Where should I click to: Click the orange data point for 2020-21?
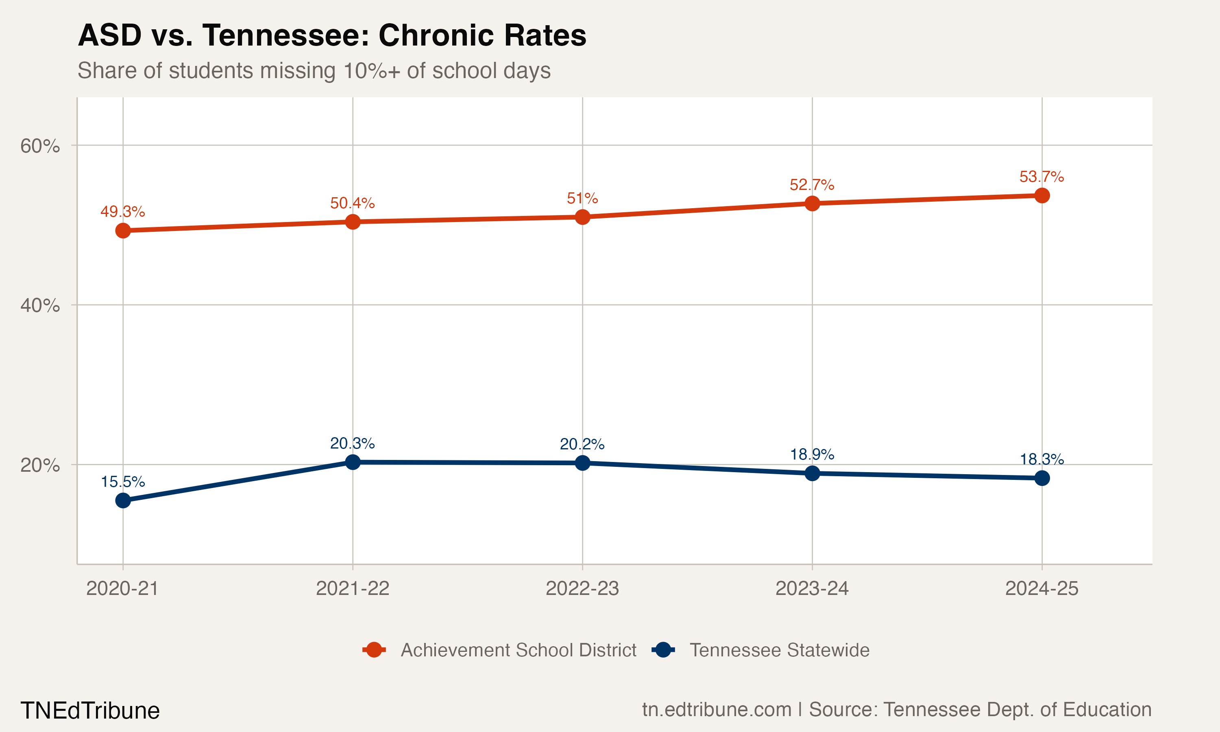(x=123, y=230)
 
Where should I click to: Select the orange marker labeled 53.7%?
(x=1042, y=195)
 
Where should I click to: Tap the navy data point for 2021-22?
(x=353, y=462)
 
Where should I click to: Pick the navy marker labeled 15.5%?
(x=123, y=501)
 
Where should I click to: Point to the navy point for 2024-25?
(x=1042, y=478)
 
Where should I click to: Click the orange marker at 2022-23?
(x=582, y=217)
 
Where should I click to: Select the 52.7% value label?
(x=812, y=185)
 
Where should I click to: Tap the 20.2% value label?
(x=582, y=444)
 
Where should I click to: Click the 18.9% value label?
(x=812, y=454)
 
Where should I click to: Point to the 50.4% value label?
(x=352, y=203)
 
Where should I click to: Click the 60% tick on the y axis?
(x=40, y=146)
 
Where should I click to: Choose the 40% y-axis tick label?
(x=40, y=305)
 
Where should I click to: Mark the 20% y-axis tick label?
(x=40, y=465)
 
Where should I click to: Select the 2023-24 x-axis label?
(x=812, y=588)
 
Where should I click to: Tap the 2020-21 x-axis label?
(x=122, y=588)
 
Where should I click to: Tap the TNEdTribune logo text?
(x=90, y=711)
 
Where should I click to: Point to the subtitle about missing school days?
(x=314, y=70)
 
